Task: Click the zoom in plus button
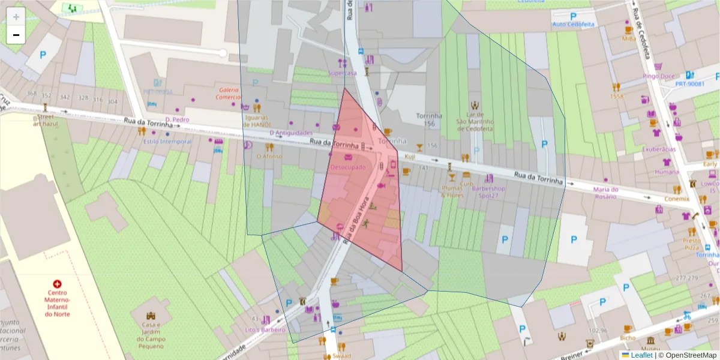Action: (x=16, y=17)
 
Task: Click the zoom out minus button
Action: (x=16, y=35)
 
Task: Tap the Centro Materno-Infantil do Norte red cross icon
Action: (x=57, y=283)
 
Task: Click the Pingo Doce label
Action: (x=658, y=76)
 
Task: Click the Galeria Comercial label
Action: (x=228, y=93)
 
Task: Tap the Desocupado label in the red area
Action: (x=347, y=167)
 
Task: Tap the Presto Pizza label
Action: (x=691, y=244)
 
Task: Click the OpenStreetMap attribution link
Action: (x=687, y=355)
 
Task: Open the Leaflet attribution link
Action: (x=641, y=355)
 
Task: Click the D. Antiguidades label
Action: (x=291, y=133)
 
